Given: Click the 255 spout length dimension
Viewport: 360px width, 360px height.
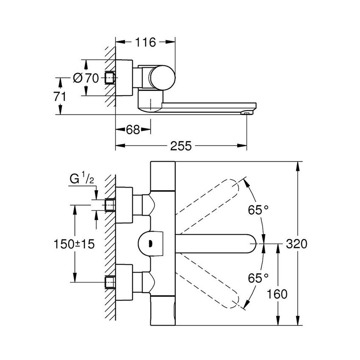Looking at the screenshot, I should [181, 146].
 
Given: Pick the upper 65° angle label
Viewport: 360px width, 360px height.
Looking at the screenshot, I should [259, 209].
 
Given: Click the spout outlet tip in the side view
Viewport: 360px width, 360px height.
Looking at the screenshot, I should [245, 113].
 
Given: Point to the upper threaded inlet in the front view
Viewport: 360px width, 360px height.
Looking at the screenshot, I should [110, 205].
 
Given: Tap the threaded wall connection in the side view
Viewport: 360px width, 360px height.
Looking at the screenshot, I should [110, 78].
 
